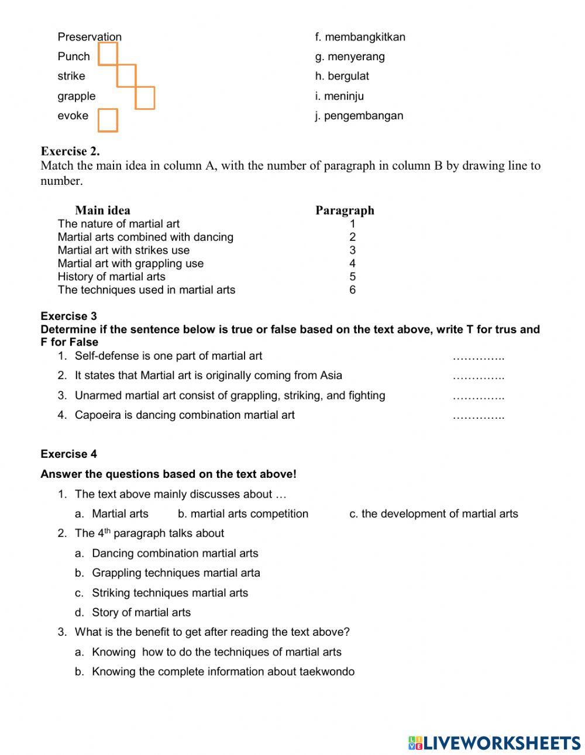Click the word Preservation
(90, 37)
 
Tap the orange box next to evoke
(108, 120)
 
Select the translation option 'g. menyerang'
(350, 57)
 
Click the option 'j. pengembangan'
(359, 116)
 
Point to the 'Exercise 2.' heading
(70, 151)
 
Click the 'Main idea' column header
(102, 211)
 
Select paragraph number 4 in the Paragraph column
(352, 264)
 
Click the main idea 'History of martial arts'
(111, 277)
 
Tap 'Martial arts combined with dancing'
(145, 237)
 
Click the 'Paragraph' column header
(345, 211)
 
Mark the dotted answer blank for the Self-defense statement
(479, 357)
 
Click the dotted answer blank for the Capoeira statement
(479, 416)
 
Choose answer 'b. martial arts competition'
(243, 514)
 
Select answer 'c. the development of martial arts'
(433, 514)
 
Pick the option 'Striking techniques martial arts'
(170, 593)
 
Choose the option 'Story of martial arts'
(141, 613)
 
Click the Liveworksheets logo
(494, 743)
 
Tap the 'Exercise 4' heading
(69, 454)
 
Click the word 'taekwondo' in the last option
(327, 672)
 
